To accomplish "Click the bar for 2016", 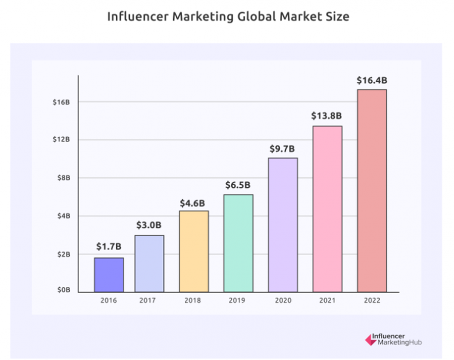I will point(109,275).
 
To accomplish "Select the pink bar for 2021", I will point(327,209).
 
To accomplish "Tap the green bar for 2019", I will point(238,243).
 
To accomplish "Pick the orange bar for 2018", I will point(194,251).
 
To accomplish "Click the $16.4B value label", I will point(372,81).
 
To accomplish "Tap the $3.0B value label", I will point(150,225).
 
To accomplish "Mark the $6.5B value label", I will point(238,185).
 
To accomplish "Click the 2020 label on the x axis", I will point(283,301).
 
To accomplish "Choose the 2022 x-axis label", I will point(371,301).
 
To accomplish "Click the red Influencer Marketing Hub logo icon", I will point(369,339).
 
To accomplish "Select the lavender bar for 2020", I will point(283,225).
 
